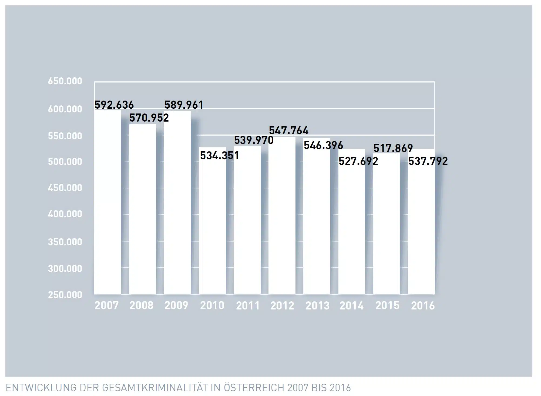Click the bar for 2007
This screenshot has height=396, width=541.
click(107, 202)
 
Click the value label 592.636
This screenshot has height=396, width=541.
click(114, 105)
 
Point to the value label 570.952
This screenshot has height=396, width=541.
click(149, 118)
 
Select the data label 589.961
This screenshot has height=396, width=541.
click(184, 105)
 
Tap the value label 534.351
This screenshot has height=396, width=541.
click(219, 156)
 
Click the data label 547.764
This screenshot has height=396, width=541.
click(288, 131)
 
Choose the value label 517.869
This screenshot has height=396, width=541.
click(393, 148)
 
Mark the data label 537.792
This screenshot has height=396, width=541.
click(428, 161)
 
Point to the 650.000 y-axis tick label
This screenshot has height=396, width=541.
click(65, 81)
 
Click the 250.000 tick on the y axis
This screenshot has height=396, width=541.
click(65, 295)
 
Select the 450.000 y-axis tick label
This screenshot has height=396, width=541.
click(65, 188)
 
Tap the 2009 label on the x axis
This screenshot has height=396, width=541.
click(176, 305)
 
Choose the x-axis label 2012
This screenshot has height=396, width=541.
click(282, 305)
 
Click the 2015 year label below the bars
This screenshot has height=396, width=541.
click(387, 305)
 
